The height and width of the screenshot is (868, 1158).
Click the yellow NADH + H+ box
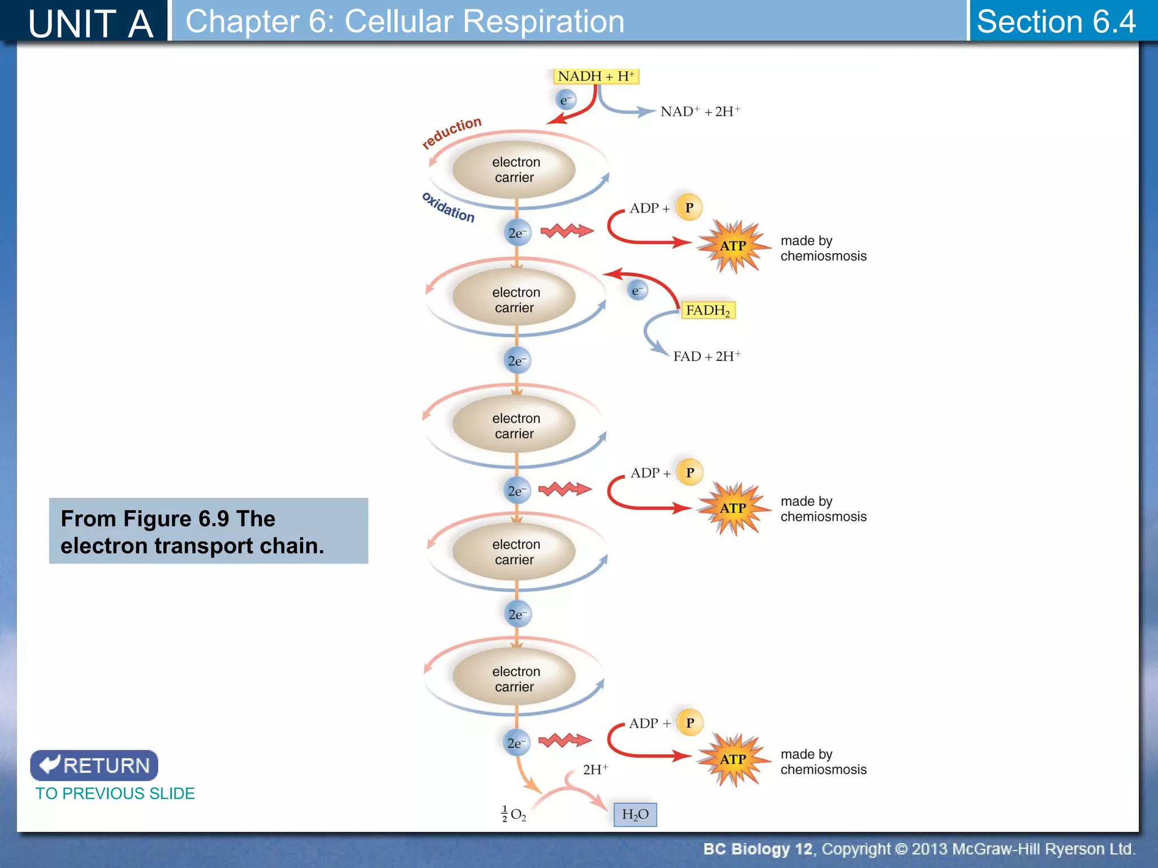click(x=595, y=76)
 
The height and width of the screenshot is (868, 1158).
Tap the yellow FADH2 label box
click(x=708, y=310)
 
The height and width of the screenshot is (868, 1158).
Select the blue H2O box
click(x=635, y=814)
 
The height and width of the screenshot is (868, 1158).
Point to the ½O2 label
click(x=514, y=814)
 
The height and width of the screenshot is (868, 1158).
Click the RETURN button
click(x=94, y=765)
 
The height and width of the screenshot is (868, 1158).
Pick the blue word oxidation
click(x=448, y=207)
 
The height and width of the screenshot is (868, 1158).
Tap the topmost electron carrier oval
click(x=514, y=170)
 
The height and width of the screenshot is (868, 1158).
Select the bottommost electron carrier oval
click(x=514, y=679)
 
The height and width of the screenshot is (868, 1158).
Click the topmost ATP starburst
click(x=733, y=246)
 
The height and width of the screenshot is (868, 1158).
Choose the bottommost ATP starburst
click(x=733, y=759)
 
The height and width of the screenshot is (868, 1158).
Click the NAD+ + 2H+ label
click(x=700, y=111)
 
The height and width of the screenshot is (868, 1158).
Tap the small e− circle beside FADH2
click(x=638, y=290)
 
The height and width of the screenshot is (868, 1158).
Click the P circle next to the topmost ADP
click(x=689, y=207)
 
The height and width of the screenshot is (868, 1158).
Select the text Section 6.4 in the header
click(x=1056, y=21)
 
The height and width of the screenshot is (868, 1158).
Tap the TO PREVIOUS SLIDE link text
click(x=115, y=793)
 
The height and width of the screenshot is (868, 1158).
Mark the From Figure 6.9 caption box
click(x=208, y=531)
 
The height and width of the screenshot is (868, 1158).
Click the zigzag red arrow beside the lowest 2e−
click(x=564, y=740)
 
